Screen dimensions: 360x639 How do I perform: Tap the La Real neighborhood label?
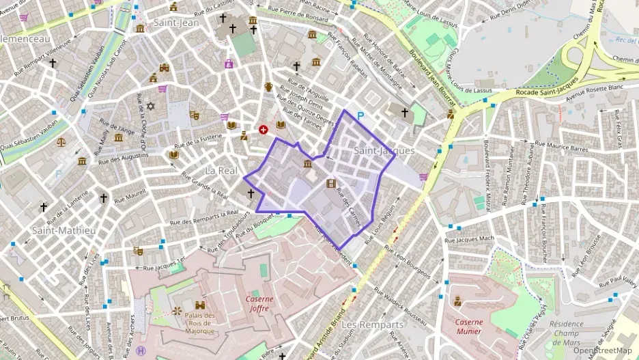coord(221,169)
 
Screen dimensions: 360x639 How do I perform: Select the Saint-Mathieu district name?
coord(64,230)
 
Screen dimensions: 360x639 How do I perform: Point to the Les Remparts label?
coord(372,324)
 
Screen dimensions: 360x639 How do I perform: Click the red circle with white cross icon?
coord(264,128)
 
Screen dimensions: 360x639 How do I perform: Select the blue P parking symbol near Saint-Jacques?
coord(360,117)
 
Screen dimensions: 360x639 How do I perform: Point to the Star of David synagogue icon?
coord(151,107)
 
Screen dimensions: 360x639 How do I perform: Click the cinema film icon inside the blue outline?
coord(331,183)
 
